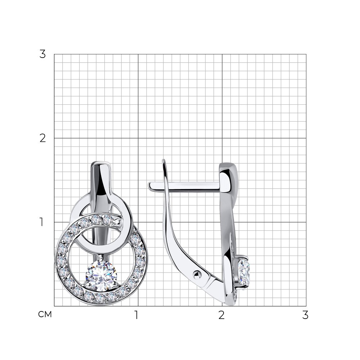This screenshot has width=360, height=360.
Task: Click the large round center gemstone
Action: point(101,277)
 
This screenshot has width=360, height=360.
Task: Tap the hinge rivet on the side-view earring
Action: point(197,275)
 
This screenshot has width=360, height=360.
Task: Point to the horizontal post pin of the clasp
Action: point(184,186)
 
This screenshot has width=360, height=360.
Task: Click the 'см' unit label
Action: point(45,314)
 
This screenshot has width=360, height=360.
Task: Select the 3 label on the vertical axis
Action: point(42,54)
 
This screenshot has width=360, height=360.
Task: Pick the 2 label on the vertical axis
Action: point(42,138)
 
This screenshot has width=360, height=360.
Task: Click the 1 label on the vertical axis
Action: point(41,222)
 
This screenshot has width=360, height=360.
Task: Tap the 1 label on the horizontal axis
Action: point(136,315)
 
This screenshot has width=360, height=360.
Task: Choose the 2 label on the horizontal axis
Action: point(221,315)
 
